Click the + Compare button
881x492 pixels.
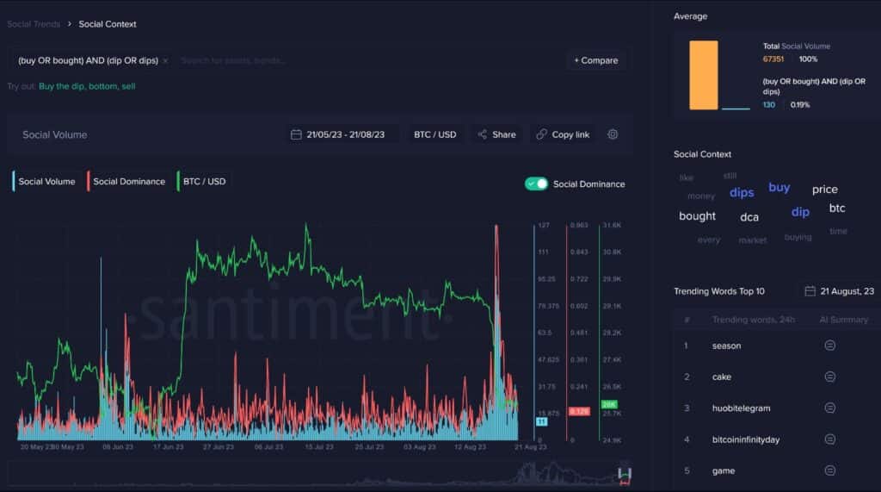[596, 60]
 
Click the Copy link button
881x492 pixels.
[563, 134]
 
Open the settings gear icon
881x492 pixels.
[613, 134]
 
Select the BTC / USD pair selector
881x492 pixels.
[434, 134]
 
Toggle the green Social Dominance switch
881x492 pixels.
[536, 184]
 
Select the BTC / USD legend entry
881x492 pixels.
[202, 181]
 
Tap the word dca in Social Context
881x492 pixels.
[749, 217]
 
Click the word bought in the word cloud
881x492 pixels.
[697, 216]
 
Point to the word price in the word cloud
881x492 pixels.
[824, 190]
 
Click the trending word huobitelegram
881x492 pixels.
[741, 408]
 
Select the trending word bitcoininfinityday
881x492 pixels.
[746, 439]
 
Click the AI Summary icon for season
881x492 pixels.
[829, 346]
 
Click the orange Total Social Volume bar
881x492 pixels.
[703, 75]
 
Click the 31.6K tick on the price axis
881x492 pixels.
[612, 225]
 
